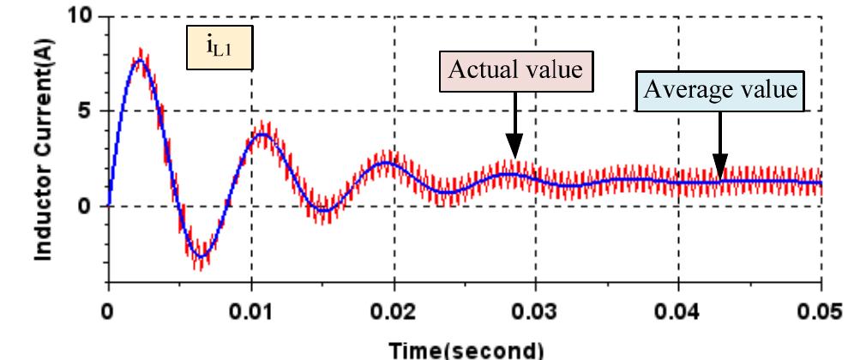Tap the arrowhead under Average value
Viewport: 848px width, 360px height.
(x=720, y=170)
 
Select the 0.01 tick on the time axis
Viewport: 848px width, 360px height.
(x=251, y=309)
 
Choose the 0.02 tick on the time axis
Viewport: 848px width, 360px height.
(x=394, y=309)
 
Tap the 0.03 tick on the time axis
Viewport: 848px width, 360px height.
(x=536, y=309)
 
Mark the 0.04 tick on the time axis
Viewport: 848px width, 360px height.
(x=678, y=309)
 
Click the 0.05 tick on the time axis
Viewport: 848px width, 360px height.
(x=821, y=309)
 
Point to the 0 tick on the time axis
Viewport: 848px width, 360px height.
(x=108, y=309)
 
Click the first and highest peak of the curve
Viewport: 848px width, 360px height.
(x=141, y=60)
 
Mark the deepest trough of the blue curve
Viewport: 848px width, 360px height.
(x=200, y=255)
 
